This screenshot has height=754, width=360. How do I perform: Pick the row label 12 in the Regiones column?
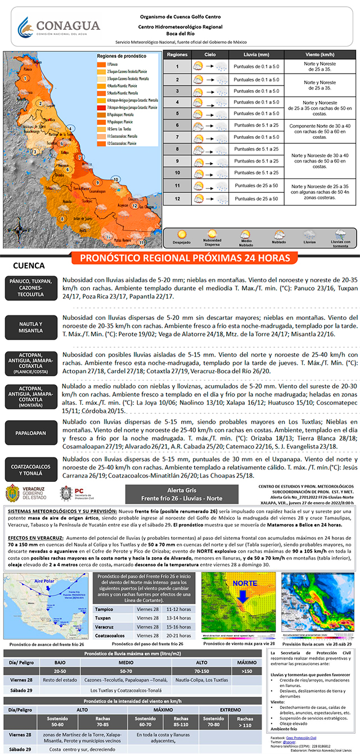177,198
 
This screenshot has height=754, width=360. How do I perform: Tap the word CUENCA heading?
29,265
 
